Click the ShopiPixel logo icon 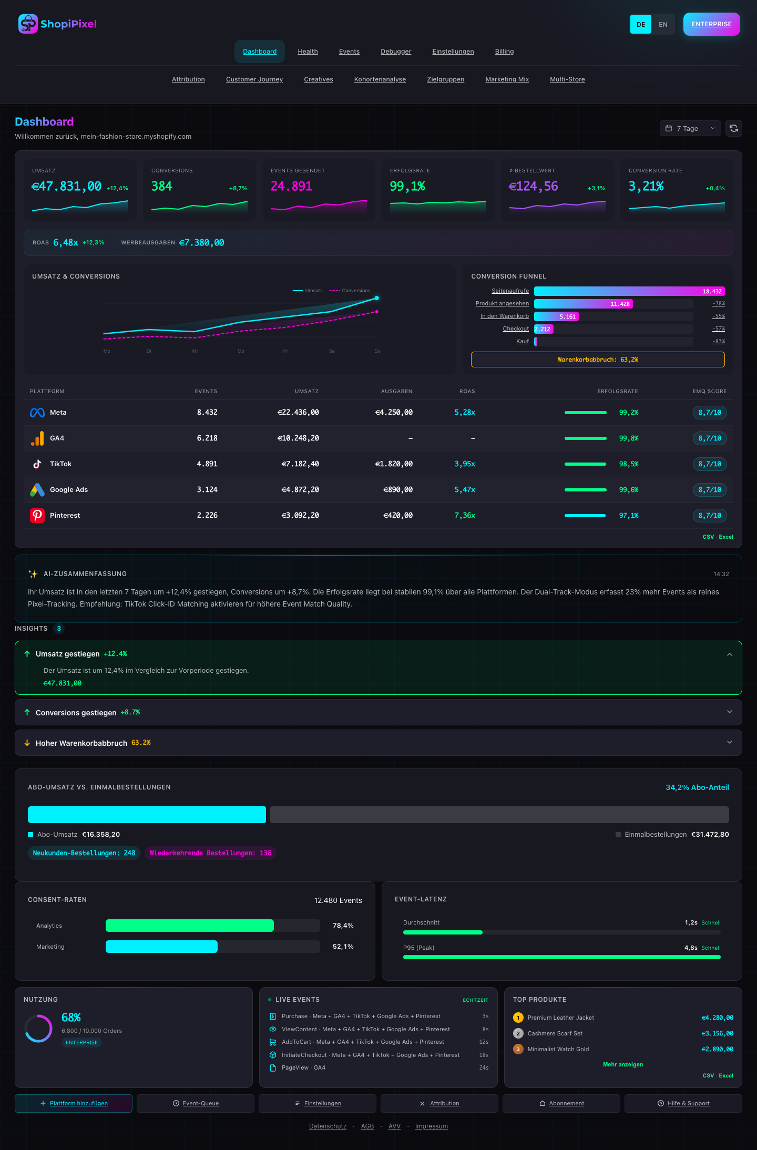click(28, 24)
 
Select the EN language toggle click(663, 24)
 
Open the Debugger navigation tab click(396, 52)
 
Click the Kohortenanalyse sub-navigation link click(380, 79)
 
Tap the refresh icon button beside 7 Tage click(733, 128)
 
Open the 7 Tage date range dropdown click(690, 128)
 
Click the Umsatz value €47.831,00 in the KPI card click(67, 187)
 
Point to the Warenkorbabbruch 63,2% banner click(598, 360)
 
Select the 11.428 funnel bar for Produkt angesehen click(583, 304)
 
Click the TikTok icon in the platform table click(37, 464)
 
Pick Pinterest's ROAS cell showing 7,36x click(465, 516)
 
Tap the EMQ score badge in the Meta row click(709, 413)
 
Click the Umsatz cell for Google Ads click(300, 490)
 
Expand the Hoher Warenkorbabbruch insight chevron click(729, 742)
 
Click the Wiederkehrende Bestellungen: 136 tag click(210, 853)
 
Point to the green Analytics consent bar click(189, 926)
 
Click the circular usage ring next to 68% click(38, 1029)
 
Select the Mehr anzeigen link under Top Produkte click(623, 1064)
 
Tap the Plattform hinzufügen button click(74, 1103)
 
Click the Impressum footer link click(431, 1126)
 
